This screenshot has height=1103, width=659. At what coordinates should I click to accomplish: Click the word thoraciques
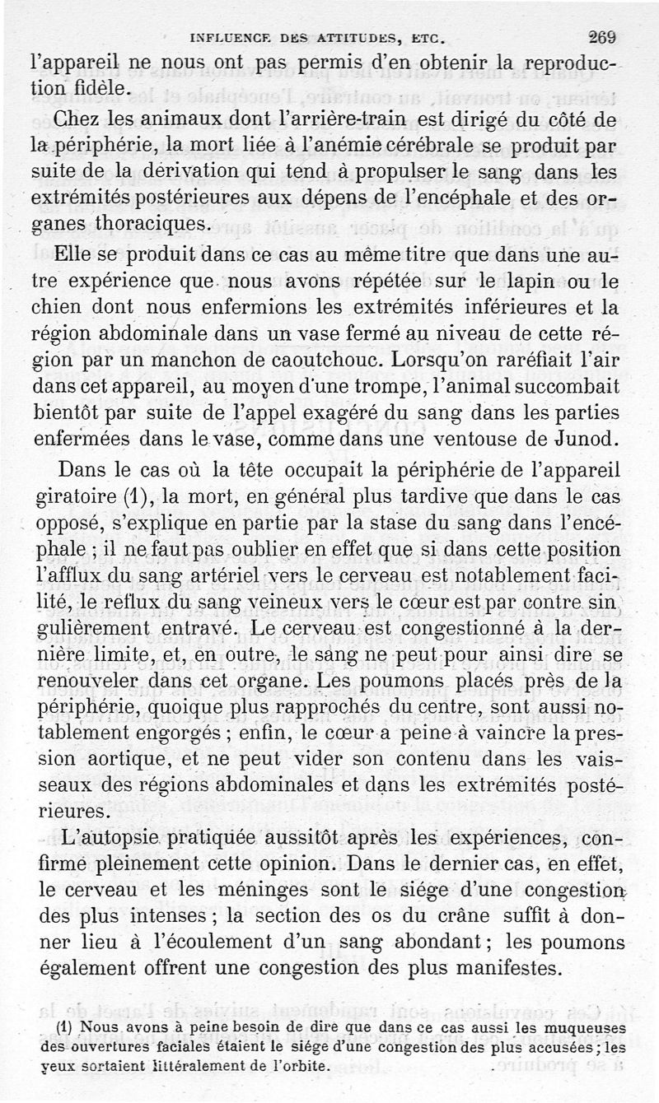tap(154, 225)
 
